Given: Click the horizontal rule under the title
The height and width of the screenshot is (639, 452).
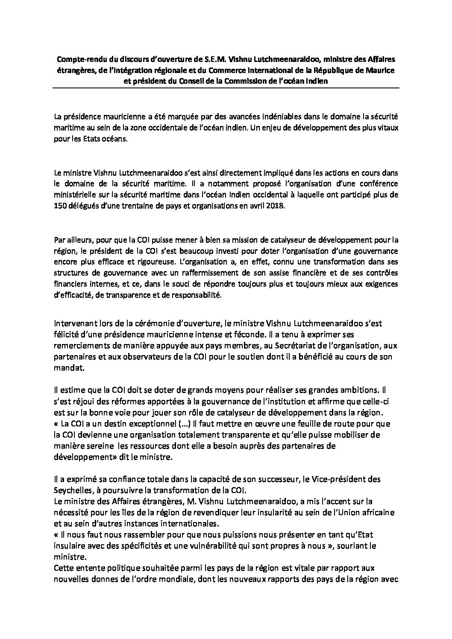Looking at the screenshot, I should point(226,88).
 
